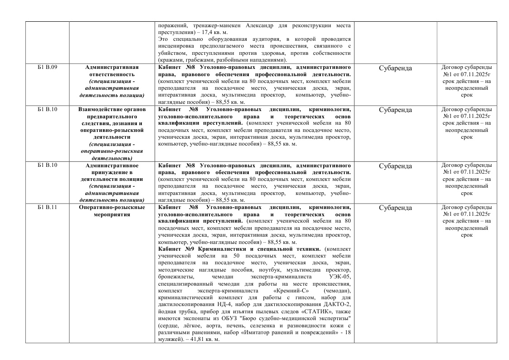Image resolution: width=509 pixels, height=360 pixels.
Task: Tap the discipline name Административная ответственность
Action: (x=111, y=70)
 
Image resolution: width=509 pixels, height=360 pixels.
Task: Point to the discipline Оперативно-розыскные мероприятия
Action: (x=111, y=211)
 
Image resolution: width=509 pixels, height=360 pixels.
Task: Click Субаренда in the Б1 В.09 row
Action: (x=395, y=68)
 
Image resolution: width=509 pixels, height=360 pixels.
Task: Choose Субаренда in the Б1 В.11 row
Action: (x=395, y=208)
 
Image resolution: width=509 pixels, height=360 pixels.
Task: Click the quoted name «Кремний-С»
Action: (x=289, y=290)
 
